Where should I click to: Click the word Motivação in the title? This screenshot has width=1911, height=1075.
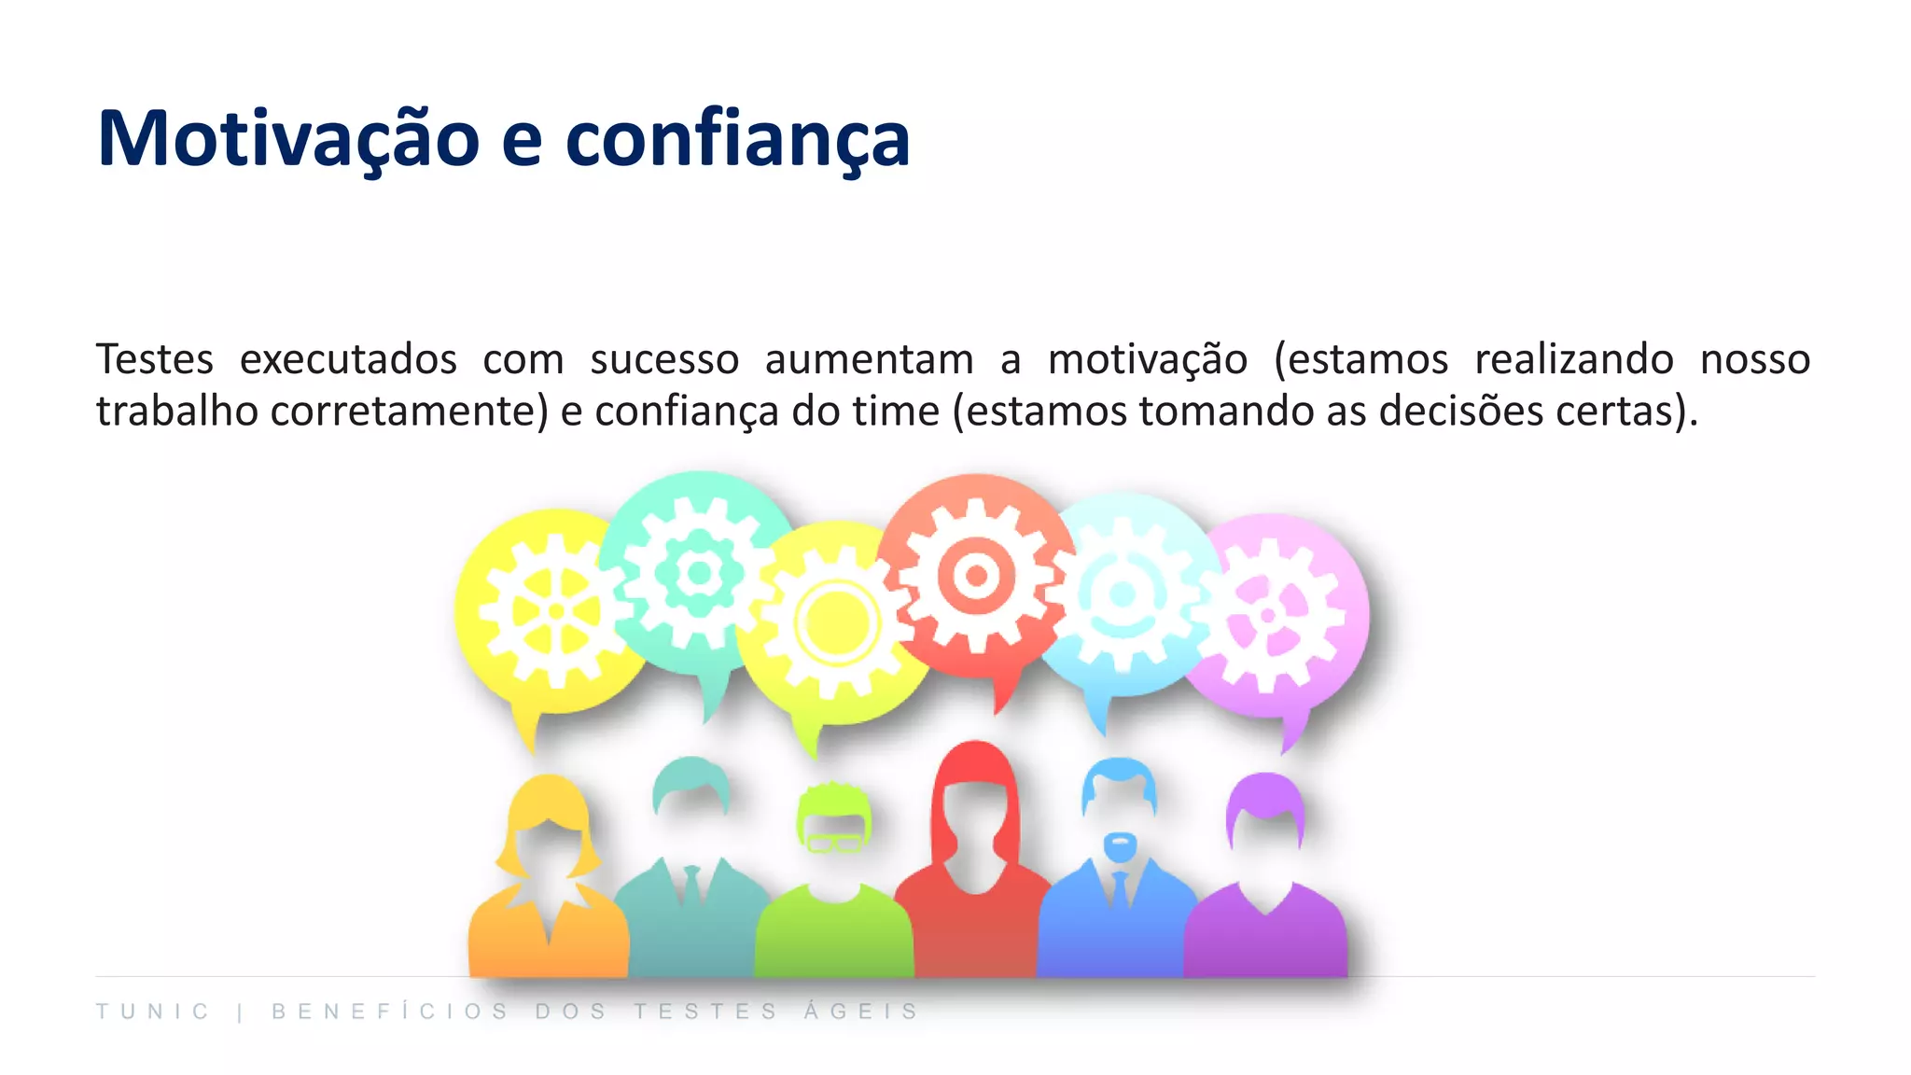pos(287,140)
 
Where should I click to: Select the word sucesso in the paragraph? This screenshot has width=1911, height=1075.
pos(664,360)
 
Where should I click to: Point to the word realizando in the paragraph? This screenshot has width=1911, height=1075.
pos(1574,360)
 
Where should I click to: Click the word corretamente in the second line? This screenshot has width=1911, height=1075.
pos(410,412)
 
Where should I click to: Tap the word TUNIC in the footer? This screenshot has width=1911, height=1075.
pos(154,1012)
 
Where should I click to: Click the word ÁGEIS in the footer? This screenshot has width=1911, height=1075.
pos(862,1012)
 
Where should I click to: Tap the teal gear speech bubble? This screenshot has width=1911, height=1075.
pos(698,571)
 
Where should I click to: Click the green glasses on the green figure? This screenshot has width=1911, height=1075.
pos(834,844)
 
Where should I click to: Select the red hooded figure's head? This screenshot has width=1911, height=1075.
pos(975,812)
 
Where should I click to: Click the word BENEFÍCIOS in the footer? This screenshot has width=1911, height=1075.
pos(390,1012)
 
